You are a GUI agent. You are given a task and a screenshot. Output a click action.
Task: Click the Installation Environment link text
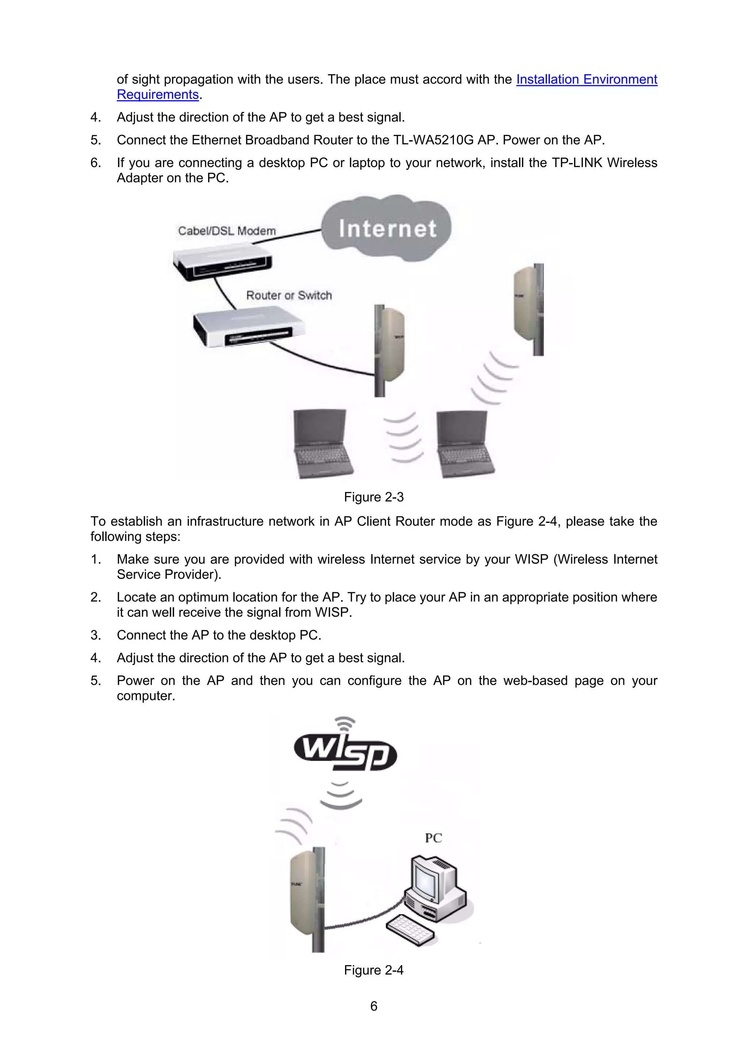click(586, 79)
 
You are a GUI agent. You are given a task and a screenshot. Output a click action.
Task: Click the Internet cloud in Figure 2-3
click(387, 228)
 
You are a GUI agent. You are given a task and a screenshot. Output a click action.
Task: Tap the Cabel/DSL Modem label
click(227, 231)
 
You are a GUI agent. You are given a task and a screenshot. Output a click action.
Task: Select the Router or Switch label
click(289, 295)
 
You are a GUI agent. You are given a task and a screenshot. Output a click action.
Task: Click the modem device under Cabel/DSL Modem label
click(222, 265)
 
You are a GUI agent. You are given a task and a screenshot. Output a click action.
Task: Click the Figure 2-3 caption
click(373, 497)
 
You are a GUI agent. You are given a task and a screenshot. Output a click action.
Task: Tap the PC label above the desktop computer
click(433, 838)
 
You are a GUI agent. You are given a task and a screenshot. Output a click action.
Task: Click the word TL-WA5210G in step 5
click(433, 140)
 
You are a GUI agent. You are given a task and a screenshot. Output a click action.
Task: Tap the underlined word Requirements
click(158, 95)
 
